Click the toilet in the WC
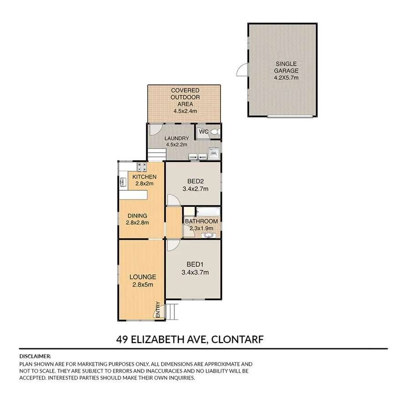(215, 132)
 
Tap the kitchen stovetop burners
(141, 166)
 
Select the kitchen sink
(123, 183)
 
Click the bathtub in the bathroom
(208, 212)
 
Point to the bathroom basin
(209, 235)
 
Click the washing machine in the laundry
(213, 154)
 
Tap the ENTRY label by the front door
(158, 310)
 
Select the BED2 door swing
(172, 200)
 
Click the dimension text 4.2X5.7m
(286, 77)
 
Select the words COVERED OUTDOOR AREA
(185, 97)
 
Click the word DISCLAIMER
(35, 356)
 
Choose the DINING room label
(137, 216)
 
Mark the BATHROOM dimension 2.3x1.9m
(201, 228)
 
